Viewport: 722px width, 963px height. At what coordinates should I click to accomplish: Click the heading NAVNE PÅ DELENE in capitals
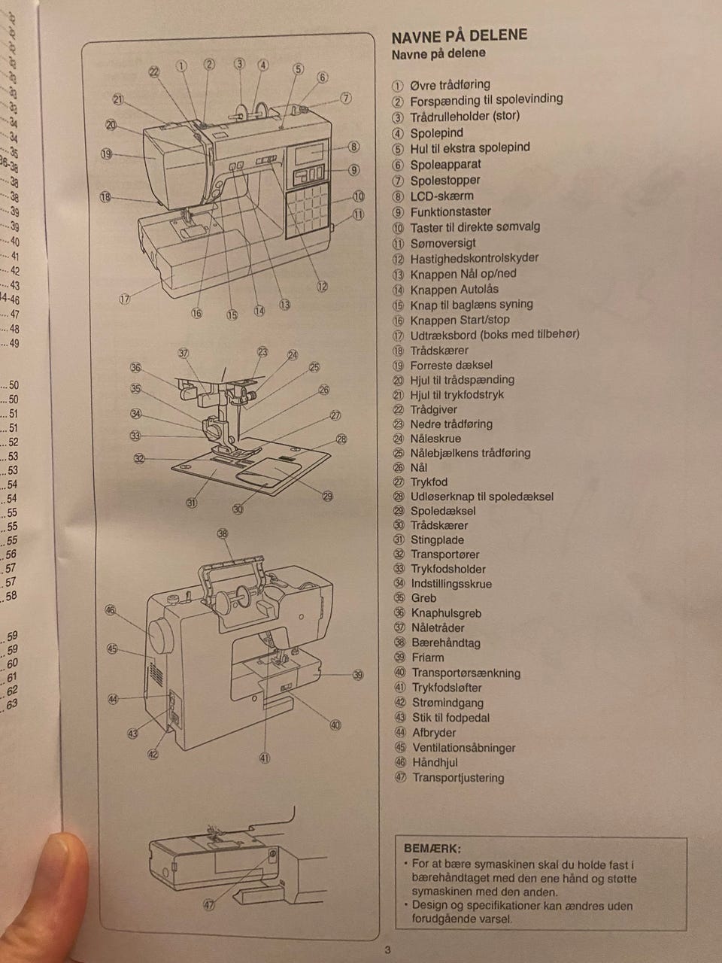click(x=460, y=35)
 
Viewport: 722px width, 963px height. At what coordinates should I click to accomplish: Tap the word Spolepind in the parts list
click(x=436, y=132)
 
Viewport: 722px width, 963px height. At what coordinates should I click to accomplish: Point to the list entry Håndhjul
click(x=435, y=762)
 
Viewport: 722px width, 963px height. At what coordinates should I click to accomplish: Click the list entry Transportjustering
click(x=458, y=777)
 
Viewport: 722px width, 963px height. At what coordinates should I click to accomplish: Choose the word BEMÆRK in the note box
click(x=432, y=848)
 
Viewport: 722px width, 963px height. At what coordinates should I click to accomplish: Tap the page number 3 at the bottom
click(x=388, y=949)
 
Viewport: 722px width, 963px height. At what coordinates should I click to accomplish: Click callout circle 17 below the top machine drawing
click(x=125, y=299)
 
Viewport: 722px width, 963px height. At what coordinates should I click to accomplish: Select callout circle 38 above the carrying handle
click(x=223, y=533)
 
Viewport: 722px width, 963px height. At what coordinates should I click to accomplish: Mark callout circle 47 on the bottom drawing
click(x=209, y=906)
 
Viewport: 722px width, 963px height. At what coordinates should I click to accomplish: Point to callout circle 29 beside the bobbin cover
click(x=328, y=495)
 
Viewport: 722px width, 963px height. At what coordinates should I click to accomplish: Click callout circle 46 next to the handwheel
click(x=111, y=609)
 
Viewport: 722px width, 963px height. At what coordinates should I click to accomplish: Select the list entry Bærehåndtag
click(x=445, y=643)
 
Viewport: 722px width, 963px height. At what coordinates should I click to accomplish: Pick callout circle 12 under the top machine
click(x=322, y=286)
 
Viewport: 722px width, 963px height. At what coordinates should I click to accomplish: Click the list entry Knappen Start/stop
click(x=460, y=319)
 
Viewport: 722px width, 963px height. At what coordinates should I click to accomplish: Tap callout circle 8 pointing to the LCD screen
click(x=353, y=147)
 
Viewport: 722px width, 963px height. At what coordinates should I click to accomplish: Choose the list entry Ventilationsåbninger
click(x=463, y=747)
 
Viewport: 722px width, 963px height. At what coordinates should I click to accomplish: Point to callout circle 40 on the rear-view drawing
click(x=335, y=725)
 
